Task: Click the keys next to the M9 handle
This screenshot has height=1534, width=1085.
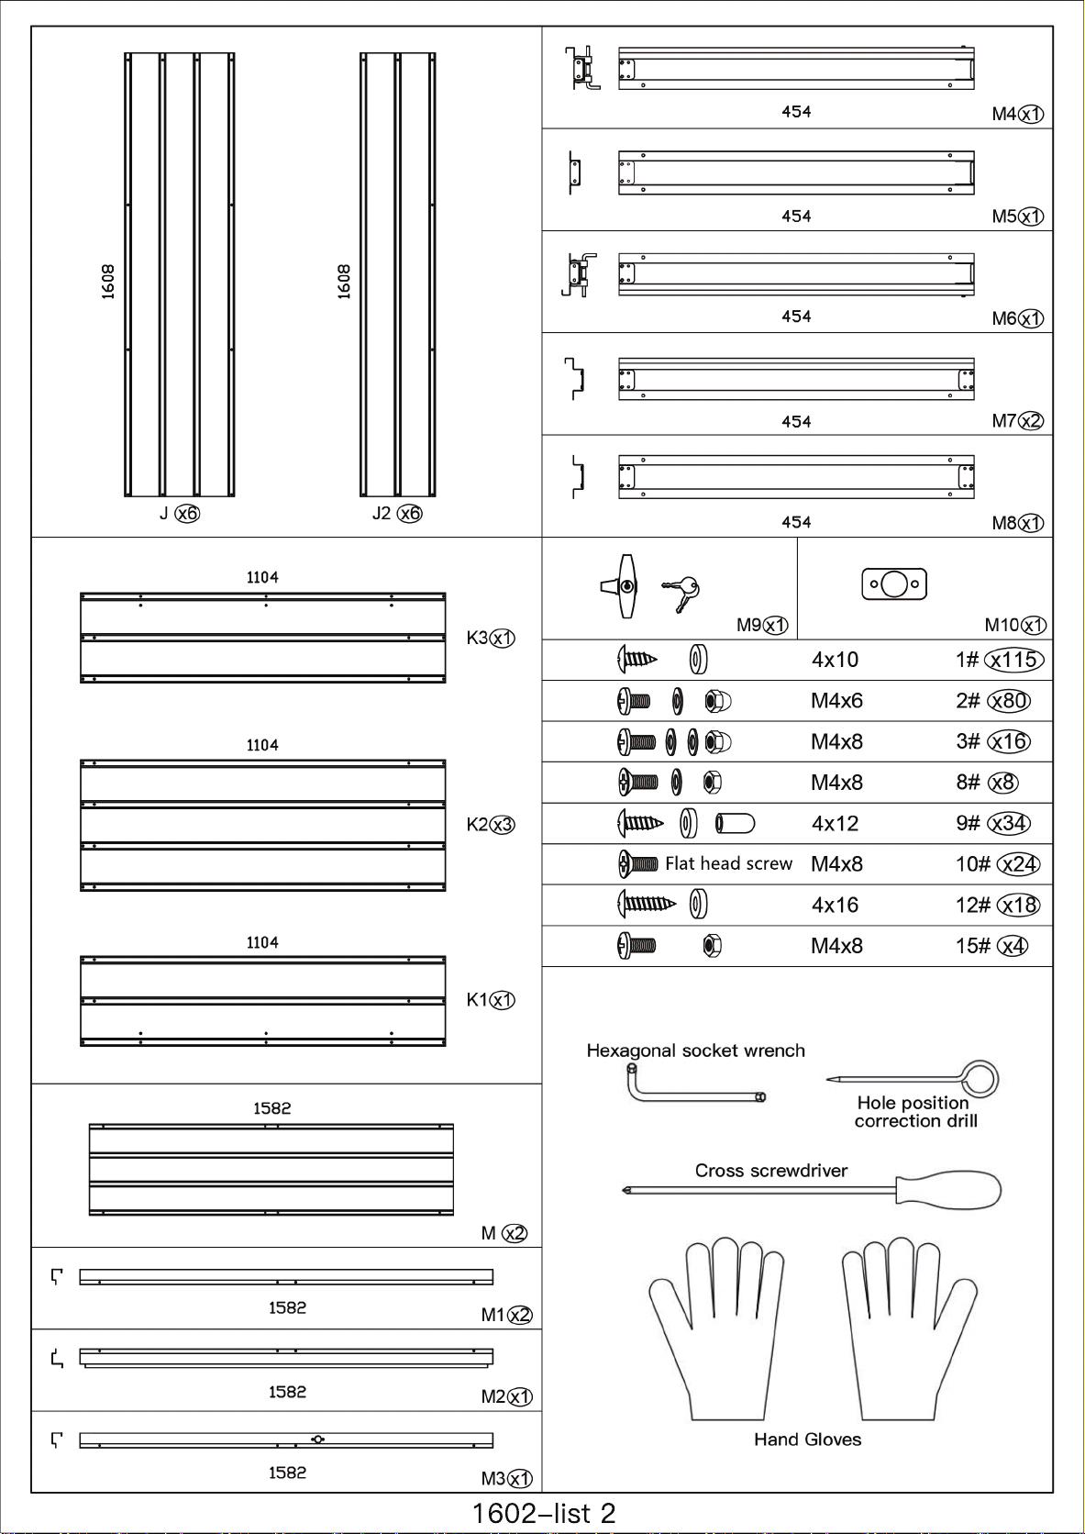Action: [x=681, y=592]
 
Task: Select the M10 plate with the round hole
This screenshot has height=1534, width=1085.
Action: [x=894, y=584]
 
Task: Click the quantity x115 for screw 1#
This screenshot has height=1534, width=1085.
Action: [x=1013, y=660]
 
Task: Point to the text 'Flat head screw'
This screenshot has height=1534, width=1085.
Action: [x=728, y=863]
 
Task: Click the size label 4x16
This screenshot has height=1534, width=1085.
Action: [x=835, y=906]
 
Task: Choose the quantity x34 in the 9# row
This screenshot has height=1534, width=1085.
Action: [x=1009, y=823]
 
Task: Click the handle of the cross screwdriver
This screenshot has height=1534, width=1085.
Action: [x=949, y=1190]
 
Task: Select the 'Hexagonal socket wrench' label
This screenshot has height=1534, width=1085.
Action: [x=695, y=1050]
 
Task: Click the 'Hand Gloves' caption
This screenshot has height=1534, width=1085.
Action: [x=807, y=1440]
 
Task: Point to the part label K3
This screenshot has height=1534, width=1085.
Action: [x=478, y=638]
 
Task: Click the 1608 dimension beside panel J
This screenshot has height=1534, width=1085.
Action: [x=108, y=282]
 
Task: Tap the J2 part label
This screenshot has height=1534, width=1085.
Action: [x=382, y=513]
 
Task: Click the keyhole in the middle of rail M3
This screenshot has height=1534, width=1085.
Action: [x=317, y=1440]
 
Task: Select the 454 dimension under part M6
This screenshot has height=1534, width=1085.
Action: [x=796, y=317]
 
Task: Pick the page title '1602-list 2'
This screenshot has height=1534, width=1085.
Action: [x=543, y=1513]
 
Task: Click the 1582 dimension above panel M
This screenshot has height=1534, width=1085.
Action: [x=271, y=1108]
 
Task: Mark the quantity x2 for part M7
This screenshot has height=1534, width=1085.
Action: [x=1031, y=421]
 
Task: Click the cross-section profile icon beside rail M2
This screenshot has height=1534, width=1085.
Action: [x=58, y=1358]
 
